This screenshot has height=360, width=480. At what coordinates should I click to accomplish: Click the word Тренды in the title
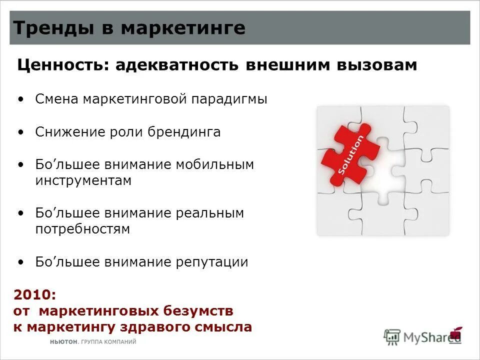click(x=44, y=28)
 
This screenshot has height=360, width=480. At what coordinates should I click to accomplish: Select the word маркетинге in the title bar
click(x=183, y=28)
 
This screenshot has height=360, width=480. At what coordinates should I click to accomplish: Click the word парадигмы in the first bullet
click(x=229, y=99)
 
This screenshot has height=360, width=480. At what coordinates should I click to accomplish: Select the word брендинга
click(x=184, y=132)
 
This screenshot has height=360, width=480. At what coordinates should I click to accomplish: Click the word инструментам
click(x=83, y=180)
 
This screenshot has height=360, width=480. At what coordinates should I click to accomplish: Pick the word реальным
click(x=210, y=213)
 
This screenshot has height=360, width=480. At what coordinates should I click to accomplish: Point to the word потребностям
click(x=82, y=229)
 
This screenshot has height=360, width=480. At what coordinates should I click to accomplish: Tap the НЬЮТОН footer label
click(x=63, y=342)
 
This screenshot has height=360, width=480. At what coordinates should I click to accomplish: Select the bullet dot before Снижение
click(x=20, y=132)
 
